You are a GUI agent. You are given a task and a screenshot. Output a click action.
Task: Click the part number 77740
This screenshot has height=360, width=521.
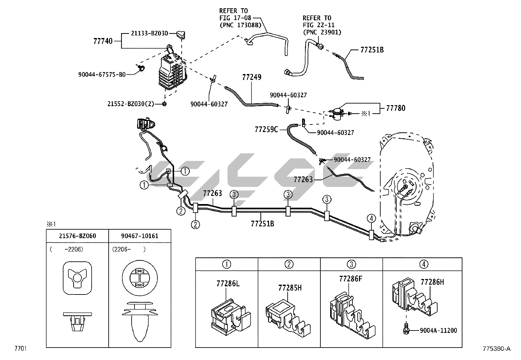click(x=103, y=41)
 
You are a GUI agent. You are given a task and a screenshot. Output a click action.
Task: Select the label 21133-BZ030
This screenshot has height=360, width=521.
click(x=150, y=33)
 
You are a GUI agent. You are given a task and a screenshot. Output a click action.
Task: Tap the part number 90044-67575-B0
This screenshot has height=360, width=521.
click(x=101, y=75)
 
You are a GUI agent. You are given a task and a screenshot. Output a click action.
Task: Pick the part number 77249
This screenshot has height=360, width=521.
click(x=252, y=77)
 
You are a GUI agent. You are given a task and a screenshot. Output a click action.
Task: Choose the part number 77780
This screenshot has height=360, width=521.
click(x=395, y=108)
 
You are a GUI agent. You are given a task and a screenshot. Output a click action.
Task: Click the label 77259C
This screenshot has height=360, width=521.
click(x=266, y=129)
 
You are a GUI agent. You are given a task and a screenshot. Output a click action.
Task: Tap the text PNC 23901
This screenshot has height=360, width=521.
click(x=322, y=32)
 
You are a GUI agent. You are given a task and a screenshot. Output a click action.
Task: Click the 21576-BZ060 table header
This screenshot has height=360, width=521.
click(x=78, y=236)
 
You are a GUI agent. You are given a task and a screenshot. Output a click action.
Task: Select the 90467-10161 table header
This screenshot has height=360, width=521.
click(x=140, y=236)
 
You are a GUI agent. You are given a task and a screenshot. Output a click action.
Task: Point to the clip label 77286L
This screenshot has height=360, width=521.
click(x=228, y=283)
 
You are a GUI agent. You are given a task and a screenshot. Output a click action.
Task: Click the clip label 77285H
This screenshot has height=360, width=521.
click(x=290, y=288)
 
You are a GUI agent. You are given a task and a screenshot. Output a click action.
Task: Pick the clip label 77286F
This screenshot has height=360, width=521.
click(x=351, y=279)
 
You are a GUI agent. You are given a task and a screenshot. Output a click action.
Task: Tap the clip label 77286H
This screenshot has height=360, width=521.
click(x=432, y=282)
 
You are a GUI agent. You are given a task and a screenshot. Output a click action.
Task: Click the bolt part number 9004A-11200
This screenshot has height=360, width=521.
click(x=439, y=331)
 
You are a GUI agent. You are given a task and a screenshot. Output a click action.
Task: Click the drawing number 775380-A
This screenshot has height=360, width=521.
click(x=496, y=349)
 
